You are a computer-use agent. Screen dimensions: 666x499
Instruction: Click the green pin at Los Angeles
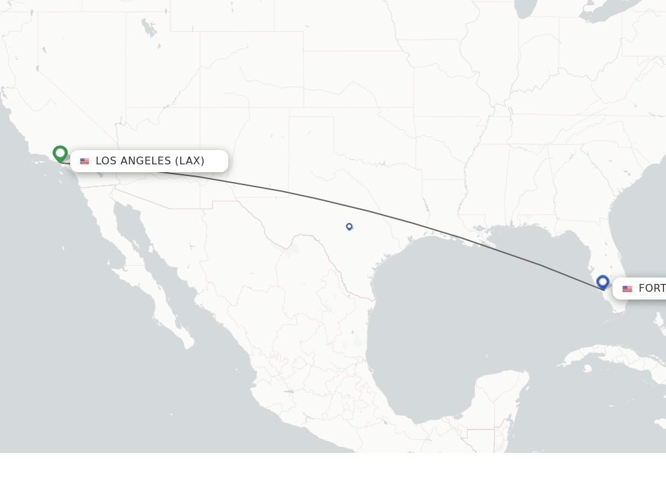click(x=60, y=153)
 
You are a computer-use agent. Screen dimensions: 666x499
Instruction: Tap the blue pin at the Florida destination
click(x=603, y=282)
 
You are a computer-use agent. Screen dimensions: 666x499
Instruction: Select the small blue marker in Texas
click(x=349, y=226)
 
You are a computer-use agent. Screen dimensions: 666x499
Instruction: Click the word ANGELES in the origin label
click(x=146, y=160)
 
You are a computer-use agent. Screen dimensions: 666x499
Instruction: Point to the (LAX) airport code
click(x=190, y=160)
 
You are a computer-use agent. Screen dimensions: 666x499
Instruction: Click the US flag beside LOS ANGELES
click(x=85, y=161)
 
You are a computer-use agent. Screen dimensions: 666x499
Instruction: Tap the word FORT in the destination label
click(x=652, y=288)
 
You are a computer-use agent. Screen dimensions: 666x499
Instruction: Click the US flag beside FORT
click(x=627, y=288)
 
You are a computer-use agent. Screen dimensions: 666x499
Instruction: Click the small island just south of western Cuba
click(x=587, y=368)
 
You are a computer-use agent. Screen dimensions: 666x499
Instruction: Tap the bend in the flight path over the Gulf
click(x=541, y=265)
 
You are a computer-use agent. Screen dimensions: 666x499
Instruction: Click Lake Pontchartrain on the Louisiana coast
click(x=482, y=229)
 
